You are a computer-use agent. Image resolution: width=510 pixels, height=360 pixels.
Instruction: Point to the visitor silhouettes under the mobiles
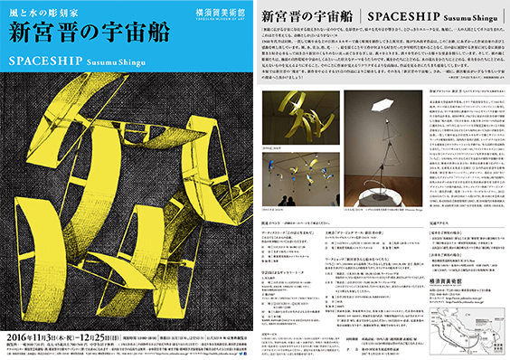pos(287,200)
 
